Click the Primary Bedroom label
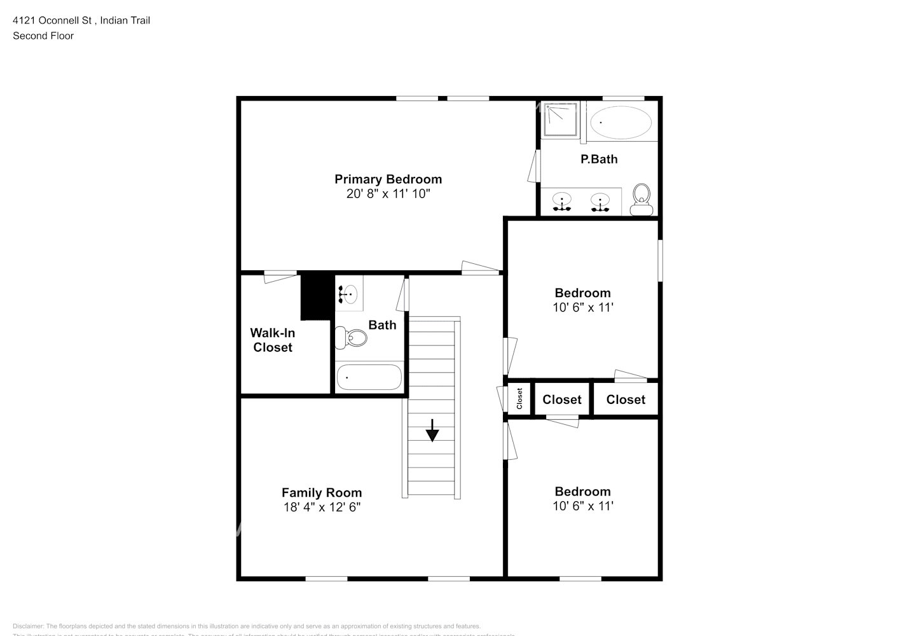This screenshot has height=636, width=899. pyautogui.click(x=388, y=179)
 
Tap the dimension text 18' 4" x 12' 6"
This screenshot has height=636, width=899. pyautogui.click(x=322, y=507)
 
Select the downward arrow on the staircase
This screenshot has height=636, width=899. pyautogui.click(x=432, y=431)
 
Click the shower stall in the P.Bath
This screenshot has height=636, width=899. pyautogui.click(x=559, y=120)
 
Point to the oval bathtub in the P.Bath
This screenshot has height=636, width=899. pyautogui.click(x=621, y=123)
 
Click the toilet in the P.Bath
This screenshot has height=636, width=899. pyautogui.click(x=642, y=199)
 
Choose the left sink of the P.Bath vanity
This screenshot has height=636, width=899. pyautogui.click(x=562, y=202)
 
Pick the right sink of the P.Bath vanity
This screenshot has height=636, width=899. pyautogui.click(x=600, y=202)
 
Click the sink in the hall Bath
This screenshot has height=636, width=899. pyautogui.click(x=348, y=294)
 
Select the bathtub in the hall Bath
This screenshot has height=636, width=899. pyautogui.click(x=369, y=377)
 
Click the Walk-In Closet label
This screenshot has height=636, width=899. pyautogui.click(x=273, y=340)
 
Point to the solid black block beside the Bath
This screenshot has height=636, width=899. pyautogui.click(x=317, y=296)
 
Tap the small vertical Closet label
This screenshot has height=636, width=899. pyautogui.click(x=519, y=399)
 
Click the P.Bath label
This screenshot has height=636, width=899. pyautogui.click(x=599, y=159)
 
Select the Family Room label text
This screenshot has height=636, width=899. pyautogui.click(x=322, y=492)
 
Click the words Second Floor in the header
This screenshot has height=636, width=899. pyautogui.click(x=43, y=36)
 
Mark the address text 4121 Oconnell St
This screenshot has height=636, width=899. pyautogui.click(x=53, y=20)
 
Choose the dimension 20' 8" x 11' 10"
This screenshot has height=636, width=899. pyautogui.click(x=388, y=194)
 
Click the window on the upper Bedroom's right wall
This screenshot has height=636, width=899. pyautogui.click(x=660, y=259)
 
